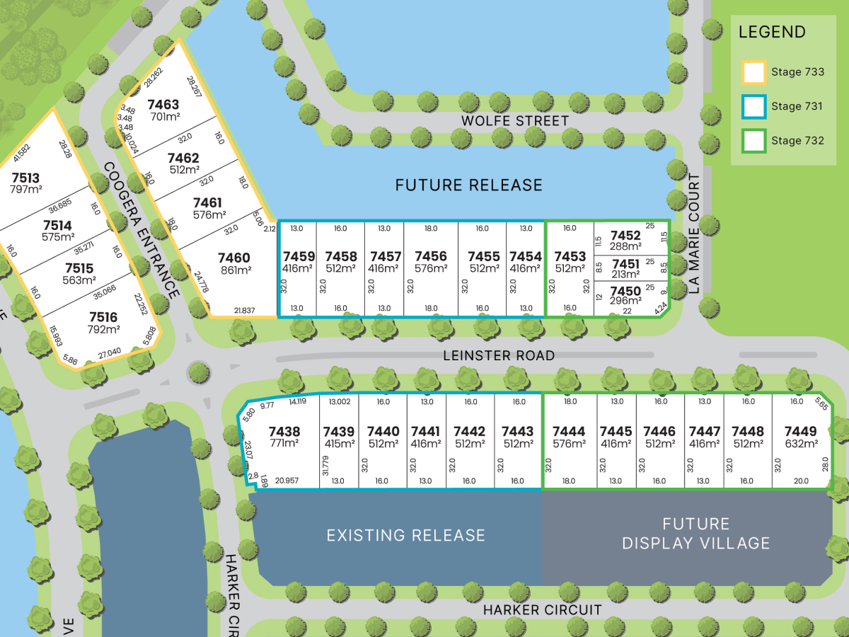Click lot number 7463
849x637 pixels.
pos(163,105)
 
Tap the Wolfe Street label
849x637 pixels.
pos(515,121)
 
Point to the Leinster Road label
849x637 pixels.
pos(498,355)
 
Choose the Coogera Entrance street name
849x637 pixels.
pos(141,230)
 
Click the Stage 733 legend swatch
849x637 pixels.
pos(753,72)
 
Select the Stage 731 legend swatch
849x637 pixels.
pos(753,106)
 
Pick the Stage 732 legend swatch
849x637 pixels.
pos(753,140)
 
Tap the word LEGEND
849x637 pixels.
pos(772,32)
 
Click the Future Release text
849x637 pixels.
pos(468,185)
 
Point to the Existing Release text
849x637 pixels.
pos(406,535)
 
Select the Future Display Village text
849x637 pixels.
pos(695,534)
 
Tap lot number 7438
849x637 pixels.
pos(285,432)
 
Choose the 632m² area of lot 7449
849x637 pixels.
pos(801,444)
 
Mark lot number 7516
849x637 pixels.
pos(103,318)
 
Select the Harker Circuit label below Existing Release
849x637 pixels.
pos(543,609)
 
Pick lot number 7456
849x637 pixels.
pos(431,257)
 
